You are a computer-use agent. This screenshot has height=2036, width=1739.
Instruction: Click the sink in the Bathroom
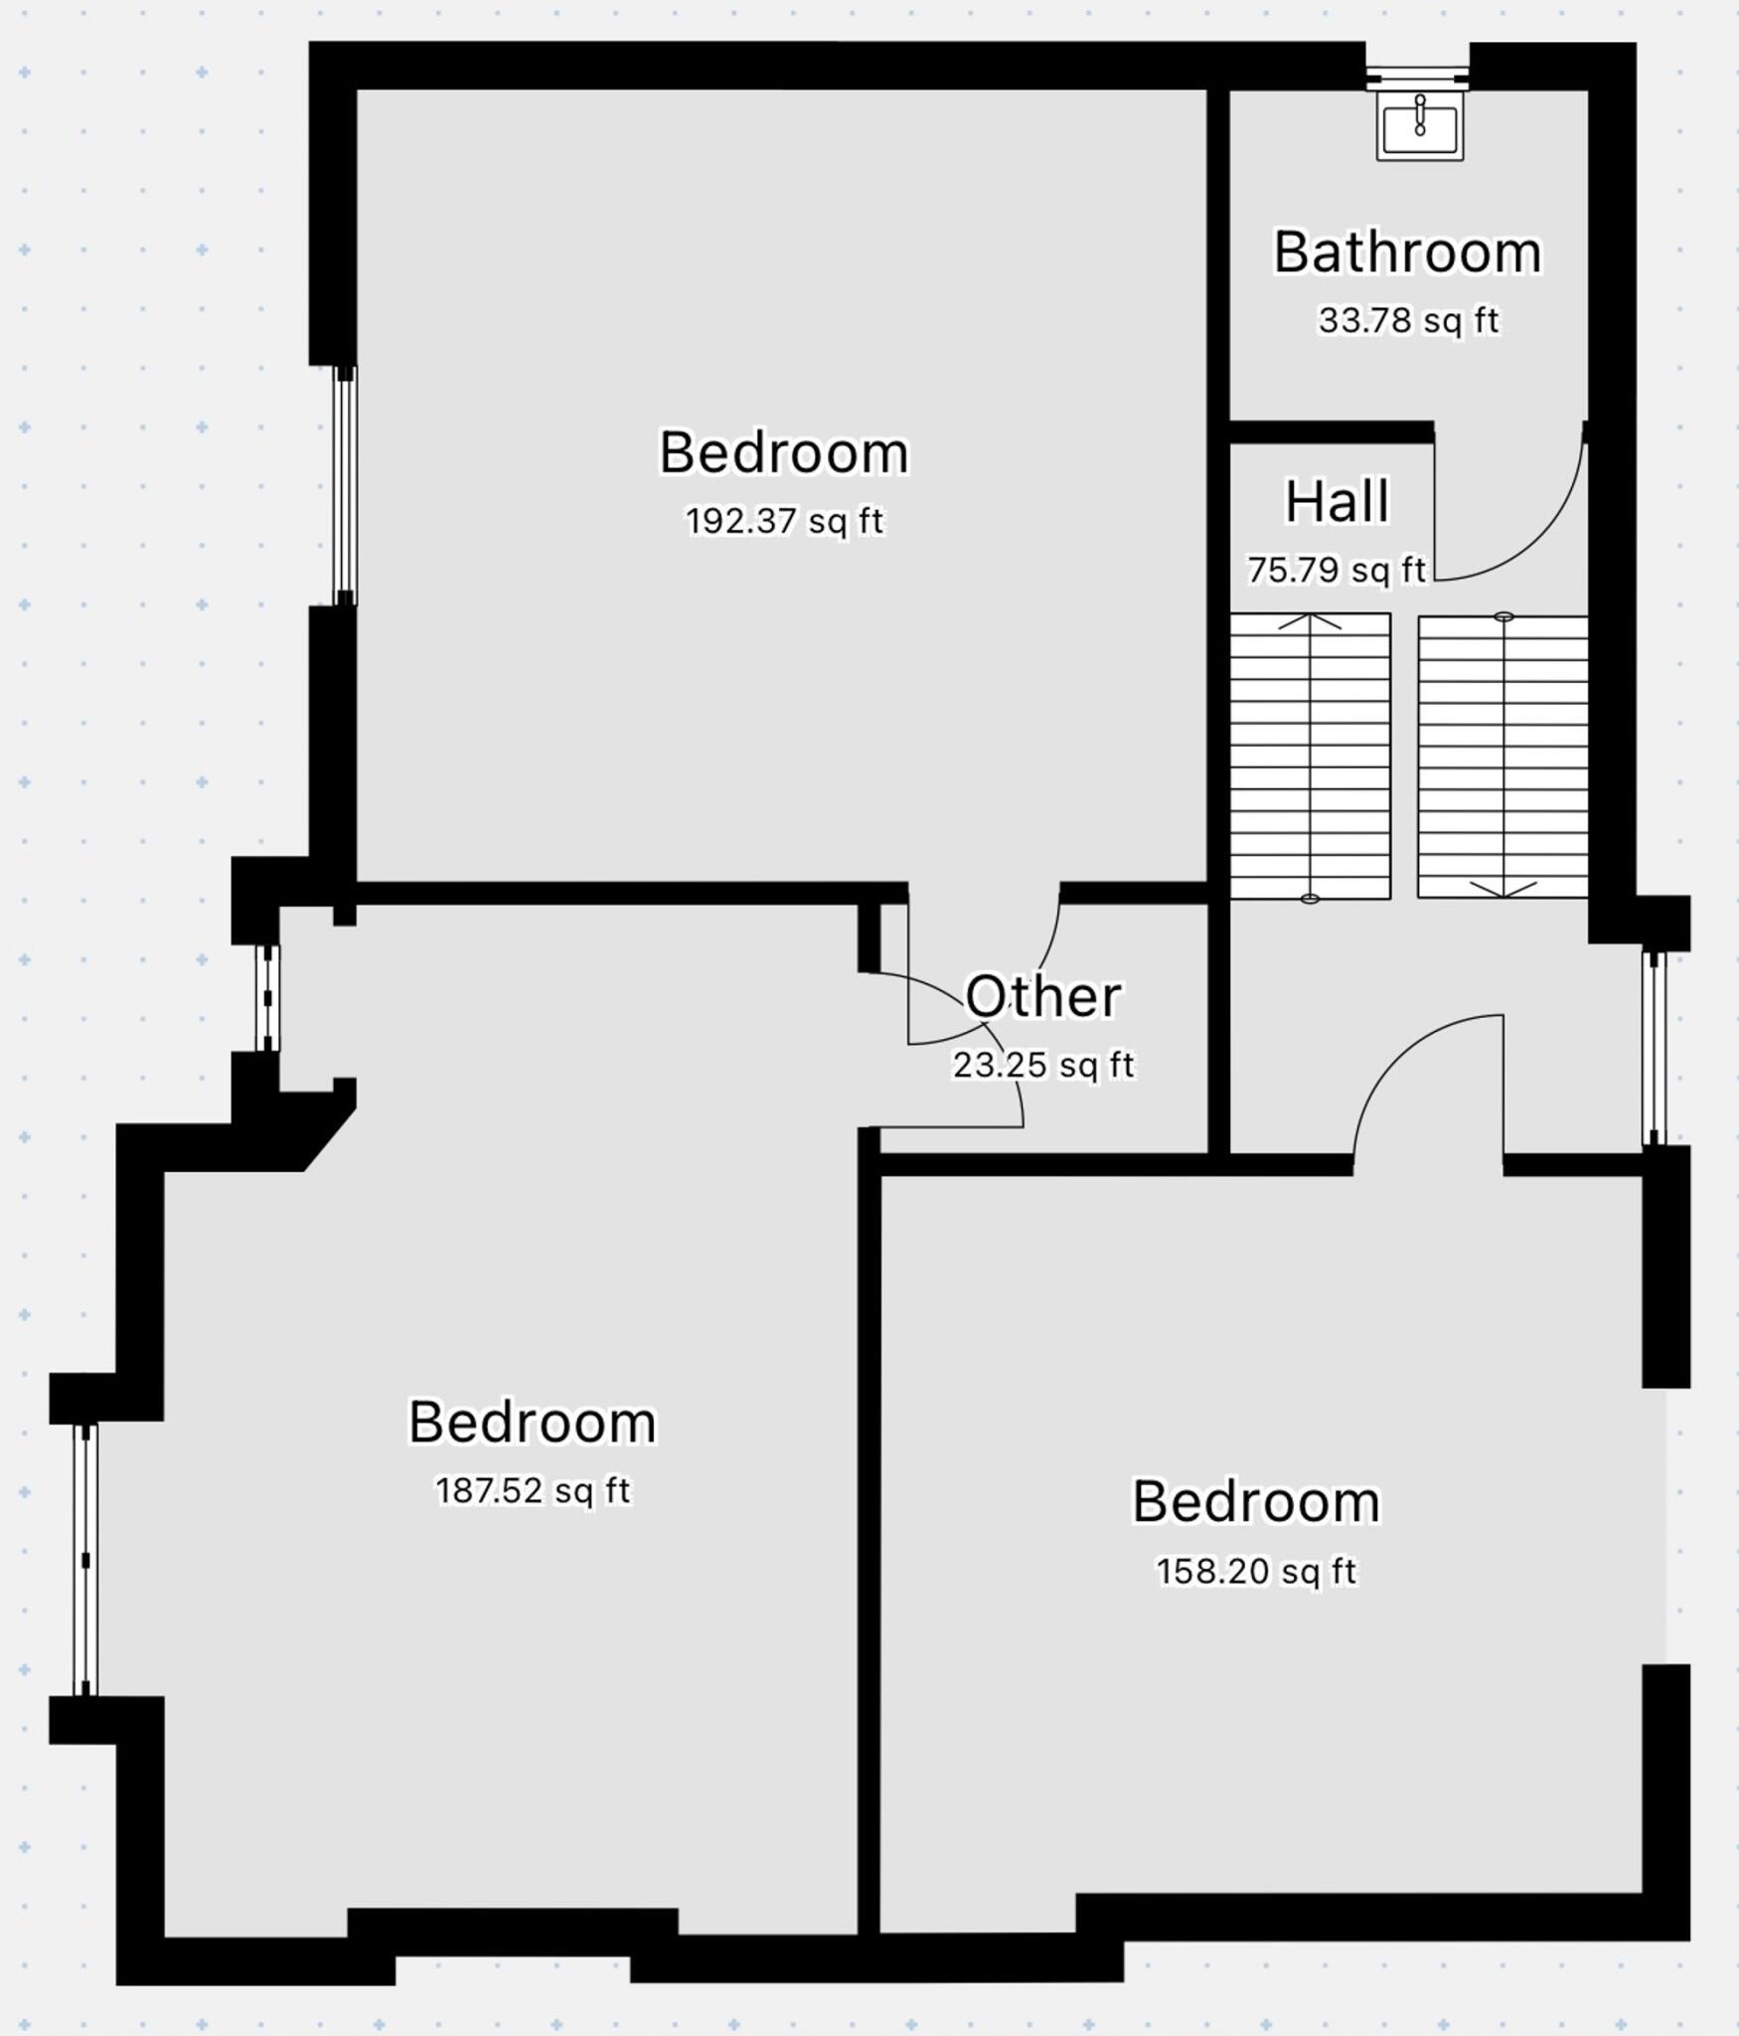click(x=1419, y=123)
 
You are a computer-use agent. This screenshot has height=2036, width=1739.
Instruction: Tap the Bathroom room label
click(x=1407, y=253)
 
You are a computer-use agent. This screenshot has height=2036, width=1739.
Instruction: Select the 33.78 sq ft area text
click(x=1407, y=320)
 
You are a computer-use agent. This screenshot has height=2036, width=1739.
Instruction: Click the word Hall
click(x=1337, y=501)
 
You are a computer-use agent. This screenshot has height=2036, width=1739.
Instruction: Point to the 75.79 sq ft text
click(x=1337, y=570)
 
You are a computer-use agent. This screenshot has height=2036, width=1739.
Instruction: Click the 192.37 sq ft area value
click(x=784, y=520)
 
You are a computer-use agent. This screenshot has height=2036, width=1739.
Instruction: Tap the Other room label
click(x=1043, y=996)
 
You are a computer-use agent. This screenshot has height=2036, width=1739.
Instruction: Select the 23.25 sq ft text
click(x=1043, y=1065)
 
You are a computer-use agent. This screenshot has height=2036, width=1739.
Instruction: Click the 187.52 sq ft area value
click(x=533, y=1490)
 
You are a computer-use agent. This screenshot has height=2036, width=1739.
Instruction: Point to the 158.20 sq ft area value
click(x=1255, y=1571)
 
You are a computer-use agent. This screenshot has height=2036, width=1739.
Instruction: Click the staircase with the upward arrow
click(x=1310, y=756)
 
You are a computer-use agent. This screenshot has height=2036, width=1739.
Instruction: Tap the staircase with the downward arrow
click(x=1502, y=756)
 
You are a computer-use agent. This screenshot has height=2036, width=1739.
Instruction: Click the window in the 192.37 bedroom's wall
click(x=344, y=485)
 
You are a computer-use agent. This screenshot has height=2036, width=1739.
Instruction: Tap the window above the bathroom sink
click(x=1416, y=77)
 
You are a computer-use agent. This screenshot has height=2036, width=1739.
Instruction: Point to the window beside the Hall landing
click(x=1653, y=1048)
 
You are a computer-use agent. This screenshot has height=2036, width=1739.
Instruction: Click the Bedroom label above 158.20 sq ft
click(x=1255, y=1501)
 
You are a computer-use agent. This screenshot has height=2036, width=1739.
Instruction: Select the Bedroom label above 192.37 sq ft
click(x=784, y=452)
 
